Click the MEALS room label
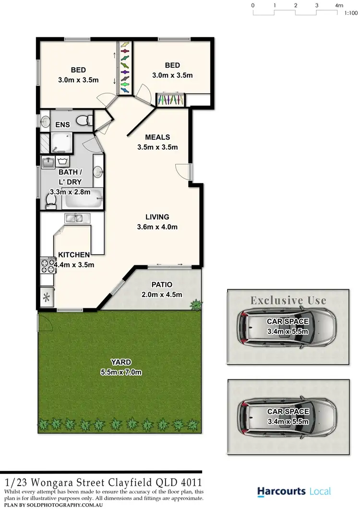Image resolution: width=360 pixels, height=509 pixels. [157, 137]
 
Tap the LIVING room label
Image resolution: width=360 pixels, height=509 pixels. [157, 217]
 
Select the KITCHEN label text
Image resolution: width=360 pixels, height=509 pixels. [74, 255]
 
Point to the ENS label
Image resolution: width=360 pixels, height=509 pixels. [62, 125]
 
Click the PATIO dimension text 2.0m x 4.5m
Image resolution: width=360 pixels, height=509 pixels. [162, 295]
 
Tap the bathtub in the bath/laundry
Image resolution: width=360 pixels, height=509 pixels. [84, 198]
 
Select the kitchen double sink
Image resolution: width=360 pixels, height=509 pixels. [74, 219]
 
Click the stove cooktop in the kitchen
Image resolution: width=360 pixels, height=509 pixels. [48, 263]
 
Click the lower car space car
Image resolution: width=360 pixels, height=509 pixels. [286, 416]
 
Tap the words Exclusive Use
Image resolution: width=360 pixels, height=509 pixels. [288, 301]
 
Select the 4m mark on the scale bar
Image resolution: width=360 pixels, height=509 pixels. [339, 5]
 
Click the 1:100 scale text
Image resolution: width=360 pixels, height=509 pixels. [351, 13]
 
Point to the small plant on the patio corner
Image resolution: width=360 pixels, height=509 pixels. [196, 304]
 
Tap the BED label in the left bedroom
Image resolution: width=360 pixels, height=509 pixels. [78, 70]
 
